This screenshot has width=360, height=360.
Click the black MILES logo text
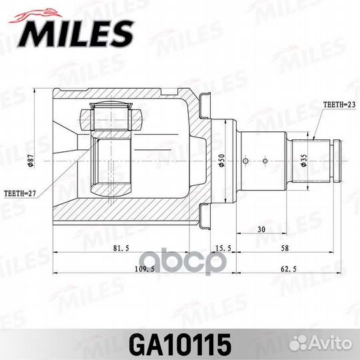click(77, 34)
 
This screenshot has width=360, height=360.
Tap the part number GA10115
click(180, 345)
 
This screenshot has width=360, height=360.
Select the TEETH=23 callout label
click(339, 105)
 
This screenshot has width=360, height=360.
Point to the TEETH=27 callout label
click(20, 193)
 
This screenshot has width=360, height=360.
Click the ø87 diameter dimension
click(31, 161)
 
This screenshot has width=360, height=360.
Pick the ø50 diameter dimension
click(222, 161)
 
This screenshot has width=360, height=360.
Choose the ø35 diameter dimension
click(303, 161)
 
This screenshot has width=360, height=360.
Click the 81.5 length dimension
click(121, 248)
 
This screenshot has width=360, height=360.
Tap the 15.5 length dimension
click(223, 248)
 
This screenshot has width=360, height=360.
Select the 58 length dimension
click(285, 248)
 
